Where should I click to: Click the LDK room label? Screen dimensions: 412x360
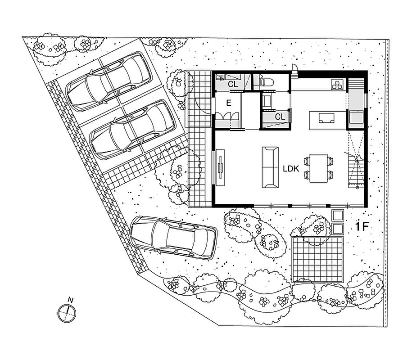coord(291,169)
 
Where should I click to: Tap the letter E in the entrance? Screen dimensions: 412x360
coord(229,103)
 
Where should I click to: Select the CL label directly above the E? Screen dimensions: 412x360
coord(233,84)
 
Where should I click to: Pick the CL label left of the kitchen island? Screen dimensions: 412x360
coord(280,117)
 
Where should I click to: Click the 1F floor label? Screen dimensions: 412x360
coord(362,226)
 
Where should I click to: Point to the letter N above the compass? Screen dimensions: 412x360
coord(70,300)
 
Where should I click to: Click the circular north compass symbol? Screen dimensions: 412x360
coord(67,313)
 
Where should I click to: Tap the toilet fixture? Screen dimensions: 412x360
coord(267,82)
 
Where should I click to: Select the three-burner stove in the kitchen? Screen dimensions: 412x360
coord(337,85)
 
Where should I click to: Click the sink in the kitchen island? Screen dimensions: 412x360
coord(326,118)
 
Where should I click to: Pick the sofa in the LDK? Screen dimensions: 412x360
coord(270,167)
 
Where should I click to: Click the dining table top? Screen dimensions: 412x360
coord(318,168)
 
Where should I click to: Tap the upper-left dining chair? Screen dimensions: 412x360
coord(307,161)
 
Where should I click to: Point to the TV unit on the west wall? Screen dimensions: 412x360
coord(220,167)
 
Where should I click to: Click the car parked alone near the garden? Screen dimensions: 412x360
coord(174,238)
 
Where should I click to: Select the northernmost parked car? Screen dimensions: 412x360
coord(109,81)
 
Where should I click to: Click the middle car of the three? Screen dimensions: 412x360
coord(133,130)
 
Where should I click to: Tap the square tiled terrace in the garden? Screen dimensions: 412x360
coord(318,259)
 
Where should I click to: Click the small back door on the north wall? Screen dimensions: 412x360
coord(294,70)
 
